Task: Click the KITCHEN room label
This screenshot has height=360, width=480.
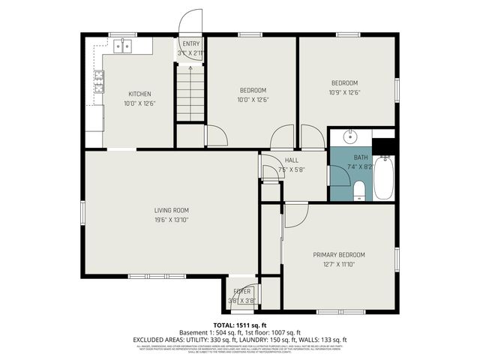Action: (139, 94)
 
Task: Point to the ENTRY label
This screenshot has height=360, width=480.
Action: (190, 44)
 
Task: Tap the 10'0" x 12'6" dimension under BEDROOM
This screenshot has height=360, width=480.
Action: (253, 100)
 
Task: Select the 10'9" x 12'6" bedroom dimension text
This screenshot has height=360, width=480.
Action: (345, 92)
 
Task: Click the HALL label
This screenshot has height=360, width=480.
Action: (292, 160)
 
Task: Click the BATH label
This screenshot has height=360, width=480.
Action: (361, 157)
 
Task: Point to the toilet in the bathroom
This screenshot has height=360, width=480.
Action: (359, 189)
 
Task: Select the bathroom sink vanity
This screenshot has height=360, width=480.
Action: (350, 137)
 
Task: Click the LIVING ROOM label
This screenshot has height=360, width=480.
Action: (171, 211)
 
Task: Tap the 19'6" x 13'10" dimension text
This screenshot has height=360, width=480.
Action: (171, 220)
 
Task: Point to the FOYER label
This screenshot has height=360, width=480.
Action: (241, 291)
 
